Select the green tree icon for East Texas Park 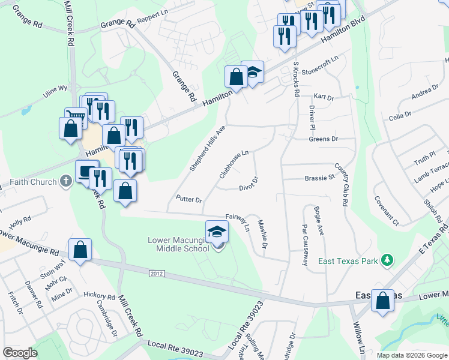coord(388,260)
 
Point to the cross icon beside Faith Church coord(66,182)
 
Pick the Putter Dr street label coord(189,199)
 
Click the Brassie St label coord(319,178)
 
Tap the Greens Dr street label coord(324,139)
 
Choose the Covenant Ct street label coord(387,210)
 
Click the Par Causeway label coord(305,245)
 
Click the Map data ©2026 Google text coord(412,355)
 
